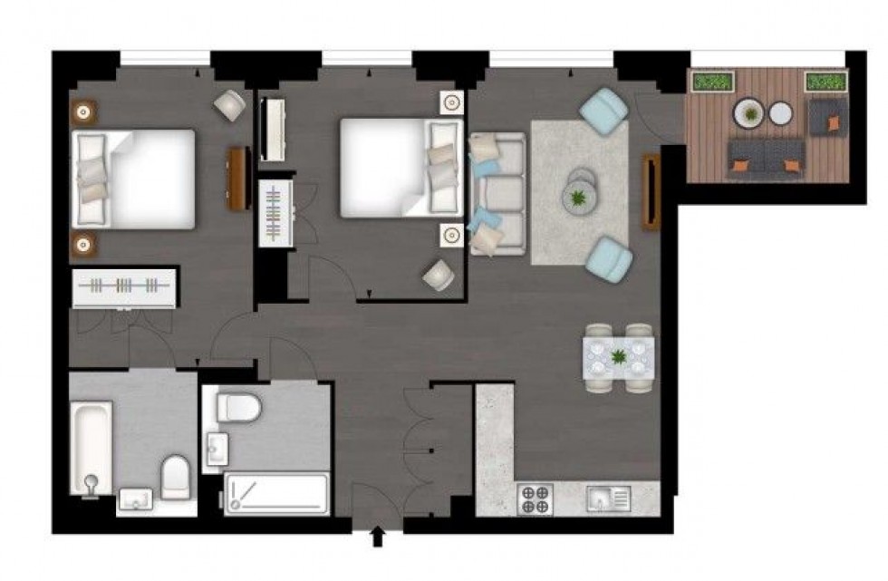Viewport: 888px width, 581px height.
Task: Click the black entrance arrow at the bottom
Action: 378,538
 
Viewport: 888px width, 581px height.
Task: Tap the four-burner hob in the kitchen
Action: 535,499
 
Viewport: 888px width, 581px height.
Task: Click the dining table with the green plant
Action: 619,357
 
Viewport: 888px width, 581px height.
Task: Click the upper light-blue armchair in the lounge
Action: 604,109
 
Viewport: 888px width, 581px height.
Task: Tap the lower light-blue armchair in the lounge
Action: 609,258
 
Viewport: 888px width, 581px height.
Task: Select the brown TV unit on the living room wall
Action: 651,191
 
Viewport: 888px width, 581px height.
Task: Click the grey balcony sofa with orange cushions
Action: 765,158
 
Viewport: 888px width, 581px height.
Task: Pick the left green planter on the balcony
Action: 712,82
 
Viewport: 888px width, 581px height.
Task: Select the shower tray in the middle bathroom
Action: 275,494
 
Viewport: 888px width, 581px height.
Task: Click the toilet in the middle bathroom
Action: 238,407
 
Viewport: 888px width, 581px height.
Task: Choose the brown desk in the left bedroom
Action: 237,178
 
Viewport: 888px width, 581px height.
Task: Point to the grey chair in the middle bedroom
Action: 439,275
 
